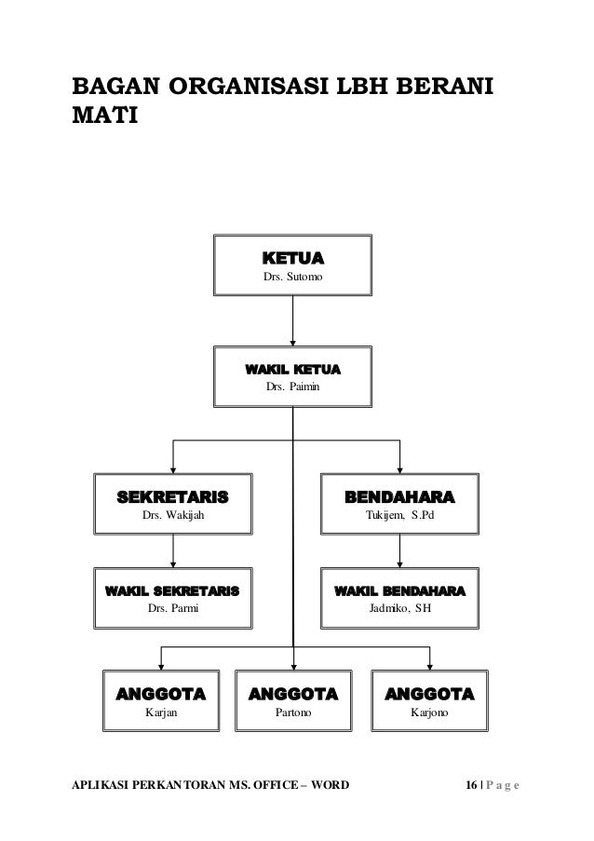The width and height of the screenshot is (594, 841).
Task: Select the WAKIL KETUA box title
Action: pyautogui.click(x=292, y=370)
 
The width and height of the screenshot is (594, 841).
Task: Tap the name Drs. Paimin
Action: pyautogui.click(x=292, y=387)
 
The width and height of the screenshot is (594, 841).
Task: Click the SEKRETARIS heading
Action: pyautogui.click(x=171, y=493)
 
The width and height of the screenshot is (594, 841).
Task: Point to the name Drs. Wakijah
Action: pyautogui.click(x=171, y=513)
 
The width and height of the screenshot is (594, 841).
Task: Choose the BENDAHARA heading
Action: pyautogui.click(x=399, y=493)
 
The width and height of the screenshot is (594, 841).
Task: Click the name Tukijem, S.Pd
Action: pyautogui.click(x=399, y=513)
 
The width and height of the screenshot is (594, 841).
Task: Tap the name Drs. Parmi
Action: pyautogui.click(x=173, y=610)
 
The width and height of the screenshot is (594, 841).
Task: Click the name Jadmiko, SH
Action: pyautogui.click(x=400, y=610)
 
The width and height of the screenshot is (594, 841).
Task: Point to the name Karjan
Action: pyautogui.click(x=162, y=713)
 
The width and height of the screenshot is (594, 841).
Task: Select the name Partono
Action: pyautogui.click(x=293, y=713)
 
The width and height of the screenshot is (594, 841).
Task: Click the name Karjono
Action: pyautogui.click(x=429, y=713)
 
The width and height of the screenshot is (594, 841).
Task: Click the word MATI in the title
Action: pyautogui.click(x=103, y=118)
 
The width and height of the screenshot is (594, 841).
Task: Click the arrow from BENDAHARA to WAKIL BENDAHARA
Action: pyautogui.click(x=399, y=550)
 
